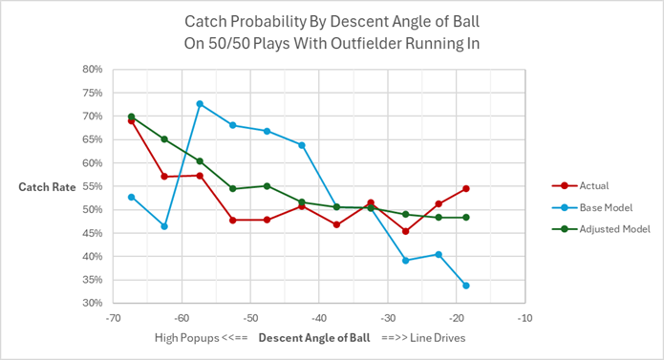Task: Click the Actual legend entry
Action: pos(592,186)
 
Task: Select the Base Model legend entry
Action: pos(602,207)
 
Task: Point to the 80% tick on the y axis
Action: pos(91,70)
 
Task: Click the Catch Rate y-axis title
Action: pos(48,187)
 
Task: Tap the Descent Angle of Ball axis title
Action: pos(305,339)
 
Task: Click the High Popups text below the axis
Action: pos(187,339)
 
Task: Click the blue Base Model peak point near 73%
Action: pos(200,104)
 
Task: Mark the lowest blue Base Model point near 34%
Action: pos(465,286)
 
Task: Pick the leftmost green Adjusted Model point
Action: pos(131,116)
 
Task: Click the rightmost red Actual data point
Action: pos(465,189)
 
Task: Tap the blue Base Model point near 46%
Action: pos(165,226)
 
